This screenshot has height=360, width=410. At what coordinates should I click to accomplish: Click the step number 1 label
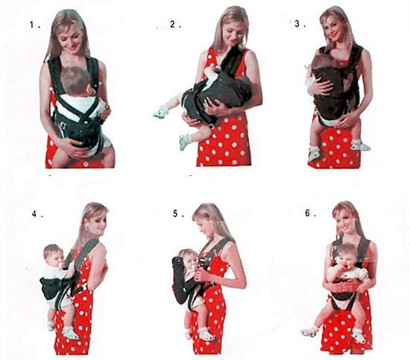32,25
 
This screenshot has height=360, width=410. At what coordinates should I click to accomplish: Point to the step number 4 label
34,212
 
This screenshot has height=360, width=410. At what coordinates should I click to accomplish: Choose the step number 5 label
177,213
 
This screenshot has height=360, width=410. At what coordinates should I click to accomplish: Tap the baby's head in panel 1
75,80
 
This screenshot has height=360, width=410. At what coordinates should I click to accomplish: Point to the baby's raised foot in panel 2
161,112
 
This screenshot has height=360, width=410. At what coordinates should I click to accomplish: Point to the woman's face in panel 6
347,222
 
